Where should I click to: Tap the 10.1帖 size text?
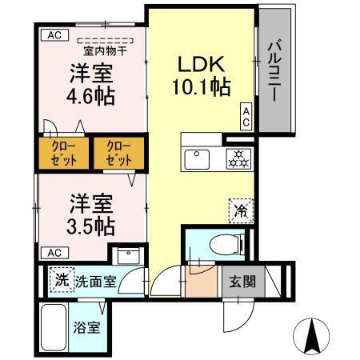[201, 86]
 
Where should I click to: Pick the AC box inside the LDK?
[246, 116]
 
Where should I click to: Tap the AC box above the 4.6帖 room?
[54, 34]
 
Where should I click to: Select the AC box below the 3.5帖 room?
[54, 253]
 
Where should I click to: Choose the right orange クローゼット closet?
[118, 154]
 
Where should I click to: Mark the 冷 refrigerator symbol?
[241, 210]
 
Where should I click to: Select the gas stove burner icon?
[237, 158]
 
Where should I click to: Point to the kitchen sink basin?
[197, 158]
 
